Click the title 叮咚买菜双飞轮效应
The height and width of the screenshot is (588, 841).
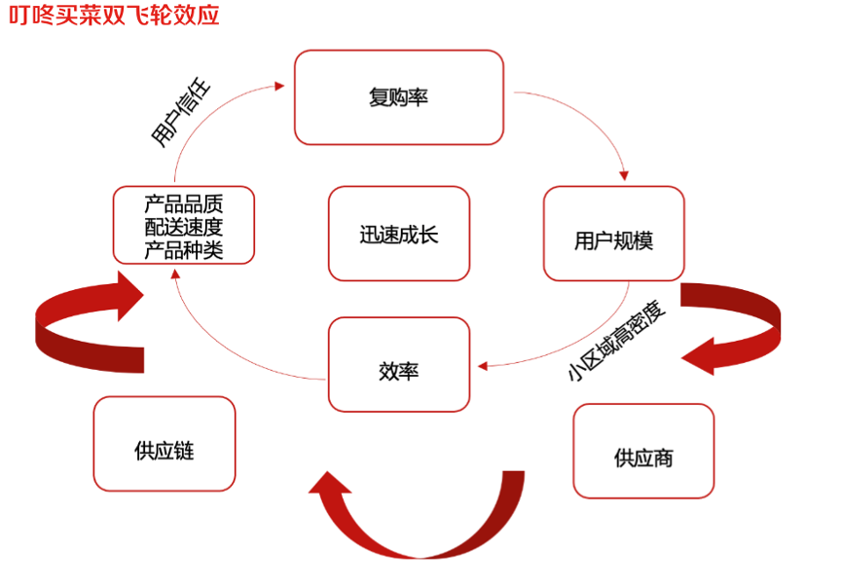(115, 17)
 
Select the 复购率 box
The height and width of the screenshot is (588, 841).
(399, 97)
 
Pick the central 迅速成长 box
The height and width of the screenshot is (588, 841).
(399, 235)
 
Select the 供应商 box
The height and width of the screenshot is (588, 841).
(643, 456)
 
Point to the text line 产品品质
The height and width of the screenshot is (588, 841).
(184, 204)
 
